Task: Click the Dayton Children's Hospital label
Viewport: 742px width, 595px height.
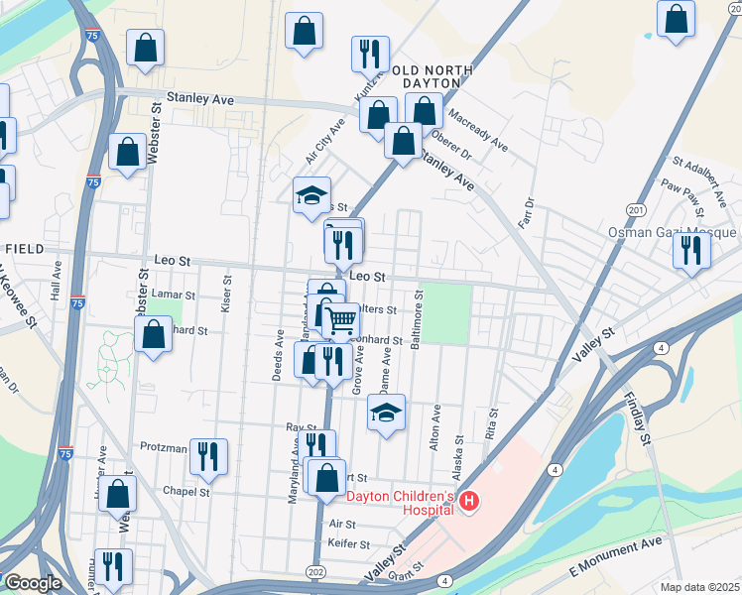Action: pyautogui.click(x=400, y=497)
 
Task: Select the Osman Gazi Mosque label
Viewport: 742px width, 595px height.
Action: pyautogui.click(x=673, y=232)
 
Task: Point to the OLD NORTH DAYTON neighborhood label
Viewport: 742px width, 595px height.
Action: pyautogui.click(x=427, y=76)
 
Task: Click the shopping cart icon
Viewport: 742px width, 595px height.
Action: pyautogui.click(x=341, y=319)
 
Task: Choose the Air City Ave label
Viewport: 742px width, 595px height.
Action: pyautogui.click(x=324, y=141)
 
